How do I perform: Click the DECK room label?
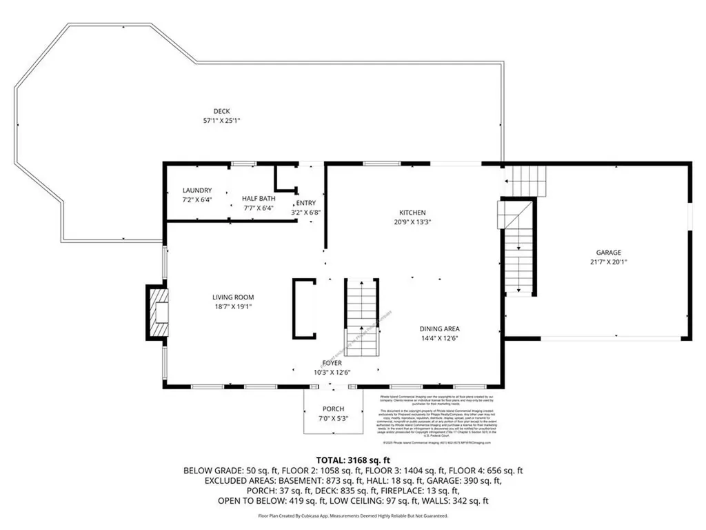pos(221,111)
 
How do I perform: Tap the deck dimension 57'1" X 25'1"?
pos(221,120)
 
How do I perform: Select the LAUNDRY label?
pos(197,190)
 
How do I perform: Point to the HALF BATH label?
pos(259,198)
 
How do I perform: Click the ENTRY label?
pos(305,203)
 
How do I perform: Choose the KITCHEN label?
pos(413,213)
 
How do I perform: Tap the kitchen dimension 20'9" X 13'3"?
pos(413,222)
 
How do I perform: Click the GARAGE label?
pos(609,253)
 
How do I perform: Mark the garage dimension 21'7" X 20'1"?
pos(609,262)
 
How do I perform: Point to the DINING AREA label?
pos(440,329)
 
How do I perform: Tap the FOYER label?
pos(332,363)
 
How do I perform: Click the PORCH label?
pos(333,409)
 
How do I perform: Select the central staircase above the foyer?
pos(361,317)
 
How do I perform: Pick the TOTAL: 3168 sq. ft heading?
pos(353,460)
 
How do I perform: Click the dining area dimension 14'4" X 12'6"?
pos(440,338)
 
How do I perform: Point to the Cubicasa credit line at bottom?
pos(353,516)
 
